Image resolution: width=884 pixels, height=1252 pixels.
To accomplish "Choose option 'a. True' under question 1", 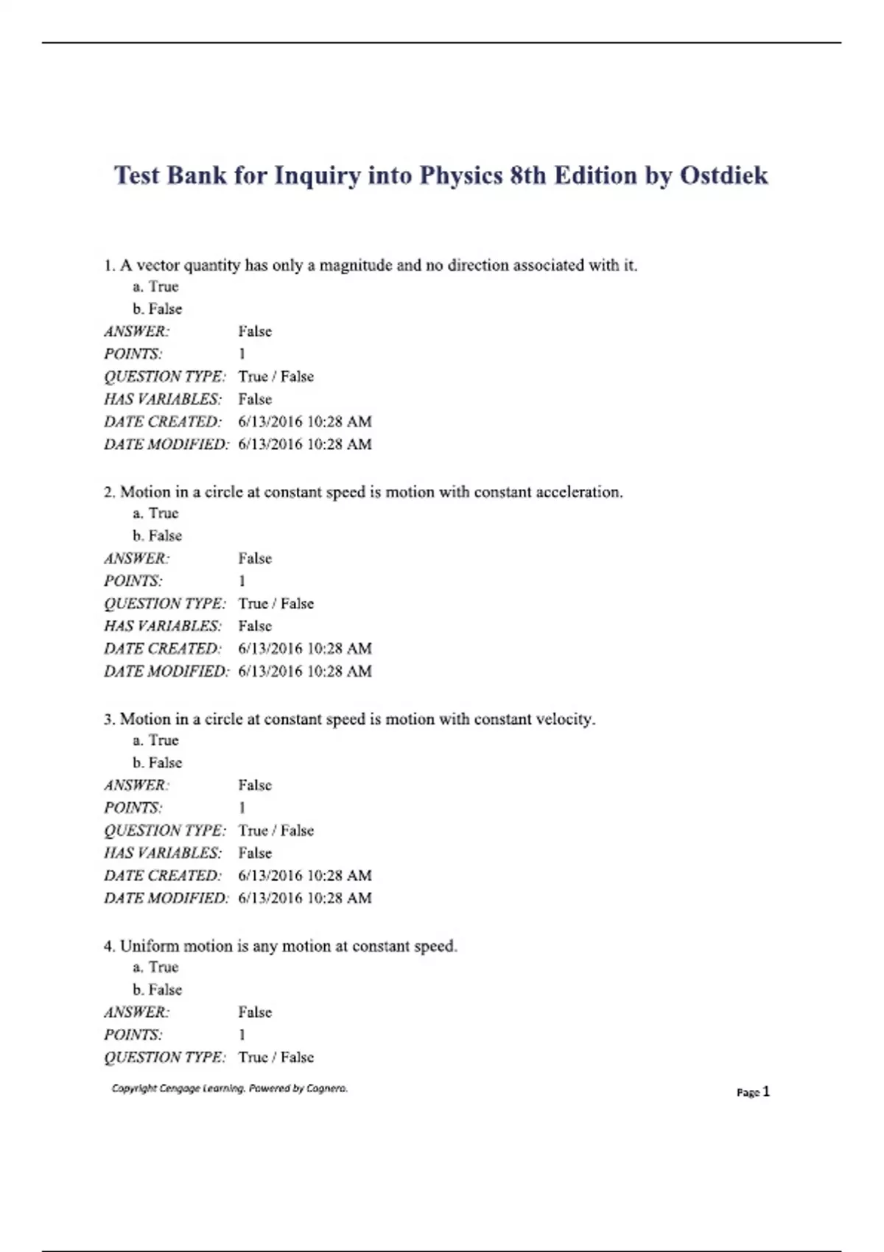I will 156,286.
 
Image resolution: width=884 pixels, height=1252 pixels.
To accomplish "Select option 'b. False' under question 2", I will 157,535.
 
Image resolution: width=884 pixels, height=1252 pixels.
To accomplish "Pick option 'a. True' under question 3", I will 156,740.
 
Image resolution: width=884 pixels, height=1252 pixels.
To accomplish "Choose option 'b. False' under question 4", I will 157,989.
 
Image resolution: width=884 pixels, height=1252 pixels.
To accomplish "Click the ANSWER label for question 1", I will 136,331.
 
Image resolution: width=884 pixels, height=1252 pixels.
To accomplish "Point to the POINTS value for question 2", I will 242,581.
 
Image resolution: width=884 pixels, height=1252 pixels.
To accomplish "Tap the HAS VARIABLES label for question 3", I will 162,853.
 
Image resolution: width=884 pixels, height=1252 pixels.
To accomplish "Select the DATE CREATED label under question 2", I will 162,649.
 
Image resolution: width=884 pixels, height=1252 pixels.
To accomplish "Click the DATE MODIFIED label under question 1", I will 166,444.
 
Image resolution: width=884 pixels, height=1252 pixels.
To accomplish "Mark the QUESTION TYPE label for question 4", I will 164,1058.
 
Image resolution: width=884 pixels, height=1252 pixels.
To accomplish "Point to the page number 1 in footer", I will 766,1091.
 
